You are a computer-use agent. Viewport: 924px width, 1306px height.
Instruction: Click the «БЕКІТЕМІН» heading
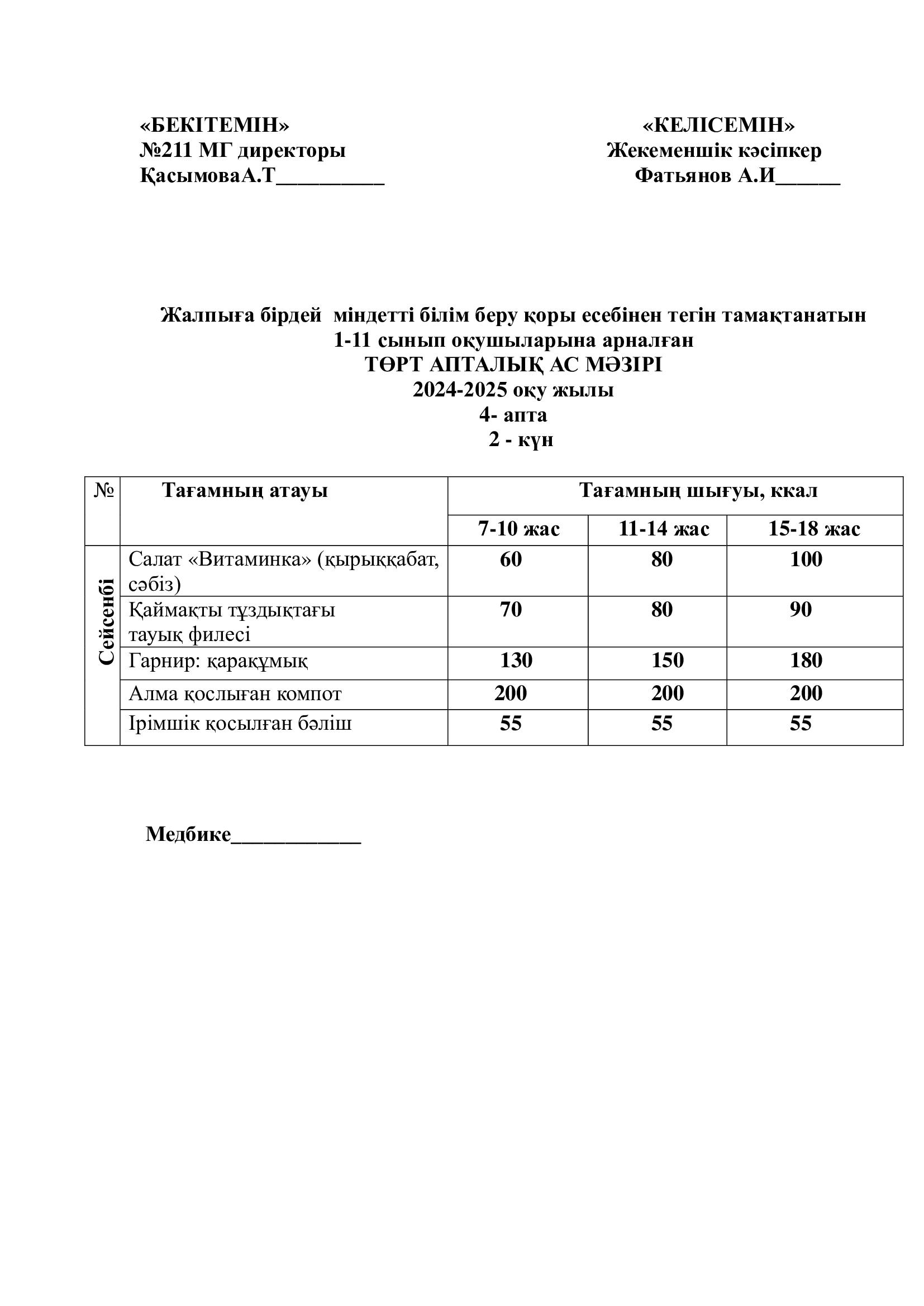tap(215, 125)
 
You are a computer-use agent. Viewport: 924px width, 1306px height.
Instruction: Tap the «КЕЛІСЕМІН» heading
tap(718, 125)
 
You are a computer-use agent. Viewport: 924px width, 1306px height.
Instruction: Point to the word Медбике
tap(188, 834)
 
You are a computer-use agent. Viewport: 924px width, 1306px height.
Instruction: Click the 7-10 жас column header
tap(518, 529)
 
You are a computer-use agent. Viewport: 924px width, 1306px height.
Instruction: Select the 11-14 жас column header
tap(664, 529)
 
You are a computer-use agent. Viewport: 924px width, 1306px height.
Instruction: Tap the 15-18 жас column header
tap(813, 529)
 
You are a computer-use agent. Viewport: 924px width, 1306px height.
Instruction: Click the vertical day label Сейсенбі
tap(106, 621)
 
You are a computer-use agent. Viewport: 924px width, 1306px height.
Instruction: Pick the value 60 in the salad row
tap(511, 559)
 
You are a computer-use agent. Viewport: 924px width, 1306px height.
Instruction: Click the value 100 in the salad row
tap(806, 559)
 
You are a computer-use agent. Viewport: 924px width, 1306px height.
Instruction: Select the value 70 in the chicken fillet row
tap(511, 609)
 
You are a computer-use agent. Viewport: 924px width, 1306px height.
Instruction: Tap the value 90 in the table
tap(800, 609)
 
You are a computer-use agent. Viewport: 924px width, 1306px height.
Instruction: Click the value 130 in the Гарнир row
tap(516, 660)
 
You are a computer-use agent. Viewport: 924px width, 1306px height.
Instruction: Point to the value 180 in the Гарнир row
tap(806, 660)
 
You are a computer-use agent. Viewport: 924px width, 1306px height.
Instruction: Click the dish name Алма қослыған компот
tap(235, 693)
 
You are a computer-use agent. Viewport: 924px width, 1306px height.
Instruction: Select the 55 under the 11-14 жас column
tap(661, 724)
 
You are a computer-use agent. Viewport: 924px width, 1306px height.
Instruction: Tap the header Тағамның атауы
tap(245, 490)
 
